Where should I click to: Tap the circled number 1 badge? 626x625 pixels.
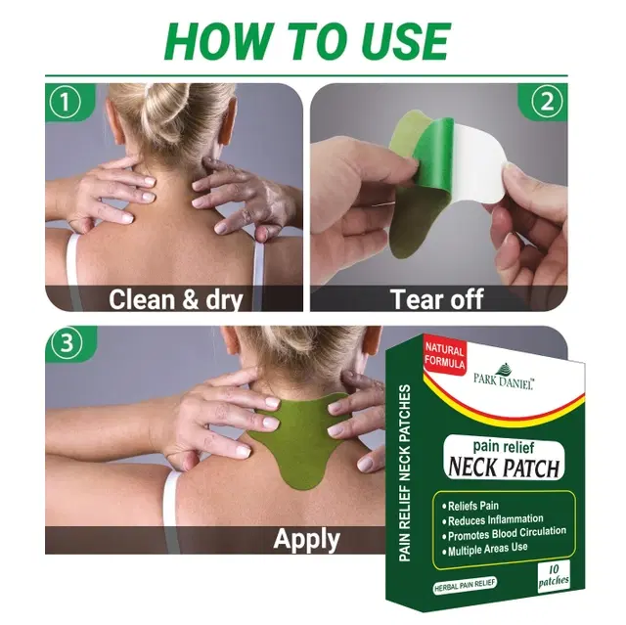[65, 102]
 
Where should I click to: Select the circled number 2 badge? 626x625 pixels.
[548, 102]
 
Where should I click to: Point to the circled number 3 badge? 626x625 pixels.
[65, 345]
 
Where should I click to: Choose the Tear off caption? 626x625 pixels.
[438, 298]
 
